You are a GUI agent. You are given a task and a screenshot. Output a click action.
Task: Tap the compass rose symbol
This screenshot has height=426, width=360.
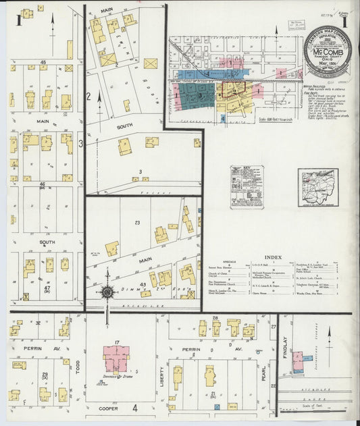pos(107,293)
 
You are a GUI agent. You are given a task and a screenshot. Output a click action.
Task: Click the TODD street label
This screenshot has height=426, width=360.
pos(78,365)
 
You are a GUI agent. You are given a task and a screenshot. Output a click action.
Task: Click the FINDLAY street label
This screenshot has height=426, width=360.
pos(285,348)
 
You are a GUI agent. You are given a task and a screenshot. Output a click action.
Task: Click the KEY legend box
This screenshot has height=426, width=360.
pos(247,186)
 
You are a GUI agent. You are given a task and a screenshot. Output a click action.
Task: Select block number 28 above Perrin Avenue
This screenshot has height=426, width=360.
pos(215,317)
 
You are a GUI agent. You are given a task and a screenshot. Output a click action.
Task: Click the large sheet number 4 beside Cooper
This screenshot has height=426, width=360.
pos(134,408)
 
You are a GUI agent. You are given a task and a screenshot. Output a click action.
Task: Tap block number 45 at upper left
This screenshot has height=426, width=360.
pos(43,62)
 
